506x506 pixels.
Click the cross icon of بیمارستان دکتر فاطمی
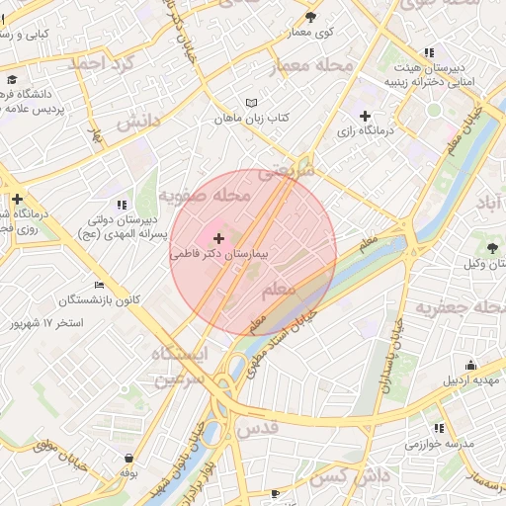pos(218,239)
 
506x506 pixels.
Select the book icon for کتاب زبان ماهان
pos(252,103)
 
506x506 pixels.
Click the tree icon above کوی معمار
pos(311,17)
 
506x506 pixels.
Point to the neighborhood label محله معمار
pos(311,66)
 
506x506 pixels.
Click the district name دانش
pos(138,123)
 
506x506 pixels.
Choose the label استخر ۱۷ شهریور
pos(45,323)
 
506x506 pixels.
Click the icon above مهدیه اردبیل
pos(470,364)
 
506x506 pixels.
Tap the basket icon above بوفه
pos(129,459)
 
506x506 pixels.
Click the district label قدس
pos(284,427)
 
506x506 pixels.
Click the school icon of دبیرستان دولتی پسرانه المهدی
pos(122,205)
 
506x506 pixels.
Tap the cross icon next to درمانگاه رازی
pos(365,116)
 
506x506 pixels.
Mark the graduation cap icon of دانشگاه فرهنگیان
pos(12,79)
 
